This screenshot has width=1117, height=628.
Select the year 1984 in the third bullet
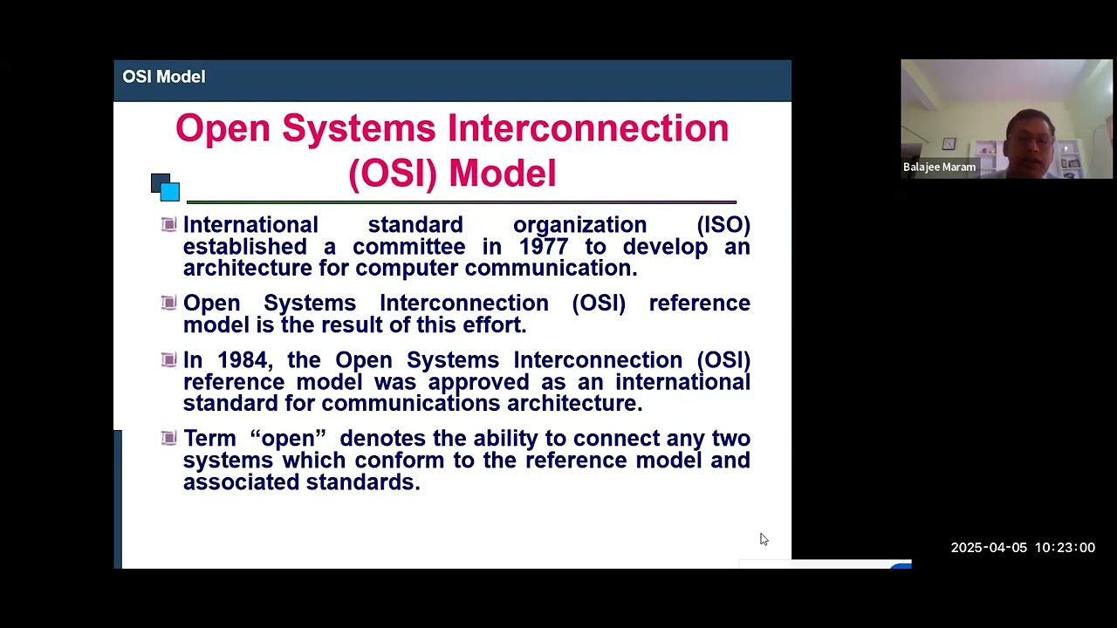coord(242,360)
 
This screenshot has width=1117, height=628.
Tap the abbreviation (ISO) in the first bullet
coord(723,225)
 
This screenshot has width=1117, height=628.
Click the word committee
coord(408,247)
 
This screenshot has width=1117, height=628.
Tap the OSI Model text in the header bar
coord(164,77)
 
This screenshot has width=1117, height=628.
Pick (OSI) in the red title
coord(392,173)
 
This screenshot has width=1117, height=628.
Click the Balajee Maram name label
coord(939,167)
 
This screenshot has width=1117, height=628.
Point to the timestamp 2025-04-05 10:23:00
coord(1022,548)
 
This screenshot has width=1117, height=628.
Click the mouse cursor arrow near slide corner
coord(764,539)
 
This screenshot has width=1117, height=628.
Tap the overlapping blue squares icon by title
coord(165,187)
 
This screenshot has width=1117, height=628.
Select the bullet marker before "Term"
coord(169,438)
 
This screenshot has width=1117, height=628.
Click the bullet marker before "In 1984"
coord(169,359)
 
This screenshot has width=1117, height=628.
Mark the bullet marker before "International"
coord(169,224)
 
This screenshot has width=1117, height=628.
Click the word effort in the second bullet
coord(495,325)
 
